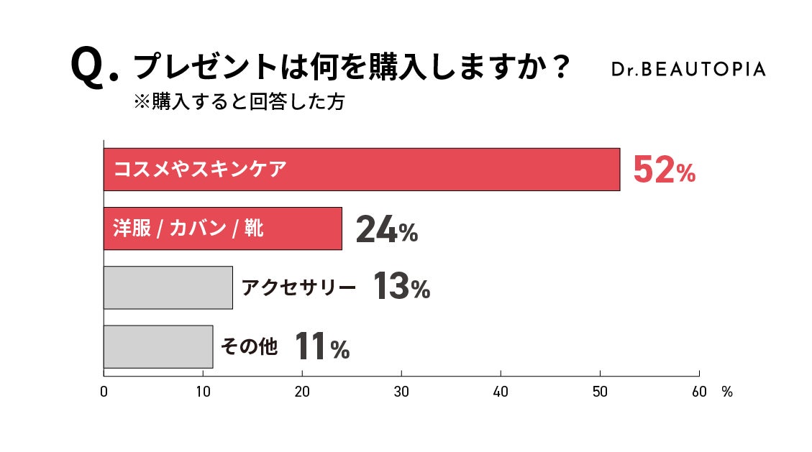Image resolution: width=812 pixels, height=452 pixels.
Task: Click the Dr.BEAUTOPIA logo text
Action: tap(688, 69)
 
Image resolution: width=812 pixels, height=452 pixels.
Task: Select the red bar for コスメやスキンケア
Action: tap(361, 170)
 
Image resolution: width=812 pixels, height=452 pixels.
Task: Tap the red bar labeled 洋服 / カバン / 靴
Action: tap(222, 229)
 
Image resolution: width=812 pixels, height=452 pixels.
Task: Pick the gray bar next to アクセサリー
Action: tap(168, 287)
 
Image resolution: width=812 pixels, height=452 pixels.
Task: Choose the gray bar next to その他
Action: tap(158, 346)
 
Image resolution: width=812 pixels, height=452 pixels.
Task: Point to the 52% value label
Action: tap(663, 170)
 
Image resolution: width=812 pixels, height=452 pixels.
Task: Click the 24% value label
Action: tap(386, 229)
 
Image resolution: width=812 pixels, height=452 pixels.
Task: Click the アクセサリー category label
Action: tap(298, 288)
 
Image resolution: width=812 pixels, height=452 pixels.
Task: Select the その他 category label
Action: tap(248, 347)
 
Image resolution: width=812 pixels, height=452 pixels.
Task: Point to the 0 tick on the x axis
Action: tap(104, 392)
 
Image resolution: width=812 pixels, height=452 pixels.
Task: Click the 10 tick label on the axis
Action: tap(203, 392)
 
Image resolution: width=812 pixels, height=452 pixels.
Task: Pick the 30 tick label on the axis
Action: tap(401, 392)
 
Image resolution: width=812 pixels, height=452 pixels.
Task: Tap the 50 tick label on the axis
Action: tap(600, 392)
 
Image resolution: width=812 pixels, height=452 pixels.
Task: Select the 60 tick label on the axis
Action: tap(698, 392)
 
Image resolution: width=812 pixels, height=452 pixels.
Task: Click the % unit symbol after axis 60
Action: tap(726, 392)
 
